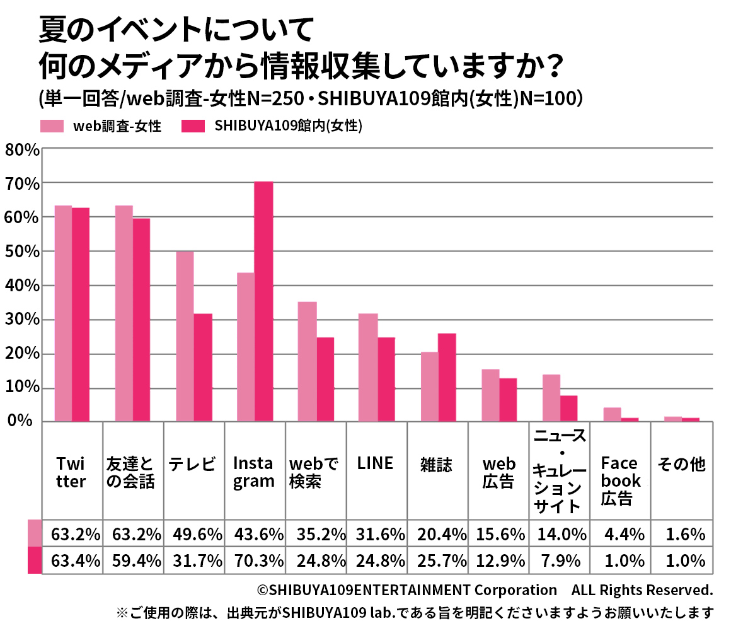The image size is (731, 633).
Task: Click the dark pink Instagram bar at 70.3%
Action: coord(263,301)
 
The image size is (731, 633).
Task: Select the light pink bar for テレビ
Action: coord(185,336)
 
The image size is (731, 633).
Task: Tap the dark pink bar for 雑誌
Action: coord(447,377)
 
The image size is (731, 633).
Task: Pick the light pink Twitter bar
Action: coord(63,313)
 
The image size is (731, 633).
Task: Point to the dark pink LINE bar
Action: coord(386,379)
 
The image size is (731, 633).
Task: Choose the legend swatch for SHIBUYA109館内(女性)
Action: coord(193,126)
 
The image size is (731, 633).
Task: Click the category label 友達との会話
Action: coord(131,473)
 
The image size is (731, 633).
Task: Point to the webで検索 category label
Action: coord(313,473)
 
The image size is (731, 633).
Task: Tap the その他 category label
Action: coord(681,465)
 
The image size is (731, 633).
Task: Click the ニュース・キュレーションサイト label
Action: coord(559,470)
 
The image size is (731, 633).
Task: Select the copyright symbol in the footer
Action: coord(263,591)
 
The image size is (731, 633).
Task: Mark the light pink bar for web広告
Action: coord(490,395)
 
